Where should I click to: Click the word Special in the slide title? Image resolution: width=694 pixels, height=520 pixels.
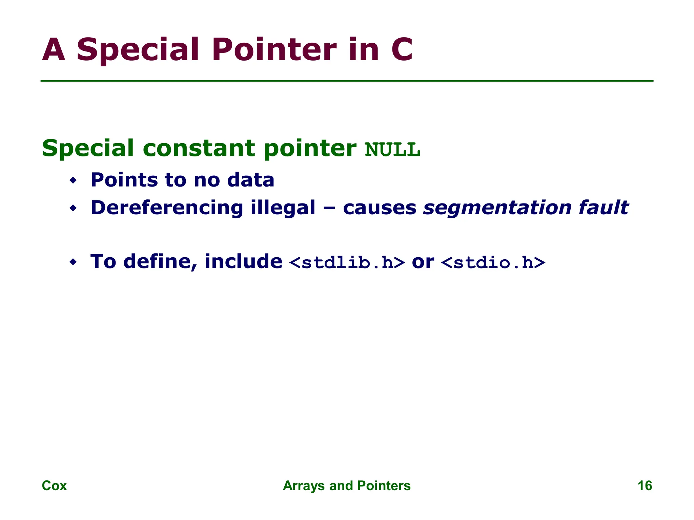click(x=137, y=50)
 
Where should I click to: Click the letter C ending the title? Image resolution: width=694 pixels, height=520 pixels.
click(x=402, y=50)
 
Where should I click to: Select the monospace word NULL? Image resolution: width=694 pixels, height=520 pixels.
click(x=392, y=150)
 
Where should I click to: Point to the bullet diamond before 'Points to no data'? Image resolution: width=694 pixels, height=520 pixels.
click(x=73, y=180)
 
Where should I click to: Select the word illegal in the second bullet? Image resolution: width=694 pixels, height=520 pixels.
click(x=283, y=208)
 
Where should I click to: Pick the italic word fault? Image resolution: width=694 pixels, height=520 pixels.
click(x=603, y=208)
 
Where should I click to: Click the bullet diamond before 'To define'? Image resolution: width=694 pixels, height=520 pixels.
click(x=73, y=262)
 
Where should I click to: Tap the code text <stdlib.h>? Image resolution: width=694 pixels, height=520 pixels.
click(x=347, y=263)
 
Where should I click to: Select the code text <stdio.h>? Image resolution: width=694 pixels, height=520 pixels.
click(x=493, y=263)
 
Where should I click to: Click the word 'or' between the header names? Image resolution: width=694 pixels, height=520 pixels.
click(x=423, y=262)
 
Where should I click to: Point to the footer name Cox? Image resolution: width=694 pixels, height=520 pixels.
click(x=54, y=485)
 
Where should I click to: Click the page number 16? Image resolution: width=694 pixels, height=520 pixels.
click(x=645, y=485)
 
